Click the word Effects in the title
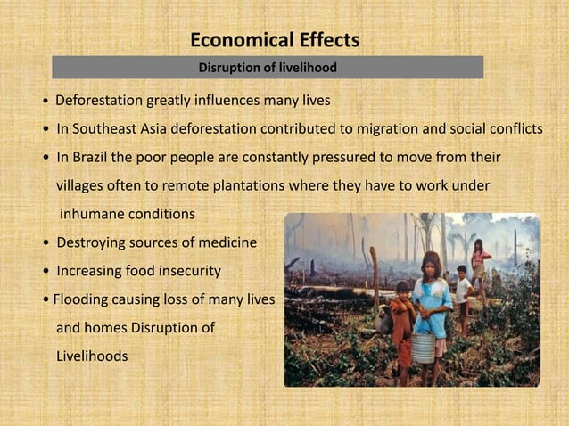click(329, 40)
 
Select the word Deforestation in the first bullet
click(100, 98)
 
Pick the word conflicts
click(512, 128)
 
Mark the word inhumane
click(95, 215)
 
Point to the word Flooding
click(83, 299)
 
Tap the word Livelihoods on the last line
click(92, 356)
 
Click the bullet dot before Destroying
click(45, 243)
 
